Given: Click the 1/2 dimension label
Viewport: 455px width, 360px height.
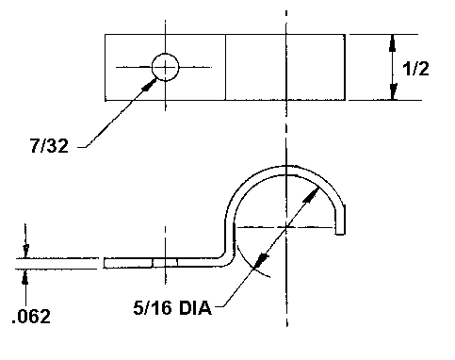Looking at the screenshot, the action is (x=415, y=69).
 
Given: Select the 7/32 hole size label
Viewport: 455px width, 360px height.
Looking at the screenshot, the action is (x=49, y=146).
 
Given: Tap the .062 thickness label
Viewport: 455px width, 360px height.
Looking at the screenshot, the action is (x=31, y=317).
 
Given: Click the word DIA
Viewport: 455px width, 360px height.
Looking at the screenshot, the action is (x=195, y=308).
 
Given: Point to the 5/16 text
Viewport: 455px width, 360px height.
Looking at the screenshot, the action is (x=153, y=308).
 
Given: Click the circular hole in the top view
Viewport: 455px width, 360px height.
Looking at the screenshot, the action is (x=165, y=67).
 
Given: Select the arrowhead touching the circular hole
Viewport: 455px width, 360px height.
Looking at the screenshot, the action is (x=150, y=85).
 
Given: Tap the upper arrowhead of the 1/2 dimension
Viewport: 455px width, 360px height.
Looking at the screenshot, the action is (x=392, y=42).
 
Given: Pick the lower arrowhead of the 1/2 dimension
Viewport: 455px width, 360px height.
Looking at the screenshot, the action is (x=393, y=91).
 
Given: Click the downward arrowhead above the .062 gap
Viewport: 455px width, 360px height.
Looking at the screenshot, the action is (x=25, y=251).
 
